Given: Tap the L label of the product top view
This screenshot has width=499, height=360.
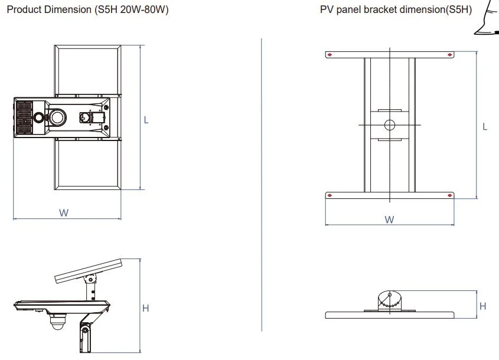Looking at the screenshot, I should click(146, 120).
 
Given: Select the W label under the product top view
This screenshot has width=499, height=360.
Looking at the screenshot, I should click(63, 213).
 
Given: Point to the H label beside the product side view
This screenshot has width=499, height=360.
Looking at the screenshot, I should click(145, 307).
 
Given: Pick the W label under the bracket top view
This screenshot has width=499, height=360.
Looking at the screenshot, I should click(389, 220).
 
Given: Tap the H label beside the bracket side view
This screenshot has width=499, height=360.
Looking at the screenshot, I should click(483, 306).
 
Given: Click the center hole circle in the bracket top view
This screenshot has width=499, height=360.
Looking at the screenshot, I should click(389, 125).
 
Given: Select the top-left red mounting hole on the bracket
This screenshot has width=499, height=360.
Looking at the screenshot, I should click(330, 55).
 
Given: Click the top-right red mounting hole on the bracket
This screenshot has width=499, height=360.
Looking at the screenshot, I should click(451, 55).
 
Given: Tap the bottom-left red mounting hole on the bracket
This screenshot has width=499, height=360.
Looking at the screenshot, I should click(330, 195).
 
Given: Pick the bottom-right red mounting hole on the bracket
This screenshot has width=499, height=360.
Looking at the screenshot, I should click(451, 195).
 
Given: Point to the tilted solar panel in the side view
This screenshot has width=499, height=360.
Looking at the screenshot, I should click(89, 270).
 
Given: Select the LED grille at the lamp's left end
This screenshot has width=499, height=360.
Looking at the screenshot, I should click(23, 117).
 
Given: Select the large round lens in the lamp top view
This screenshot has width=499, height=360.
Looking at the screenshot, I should click(58, 117).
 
